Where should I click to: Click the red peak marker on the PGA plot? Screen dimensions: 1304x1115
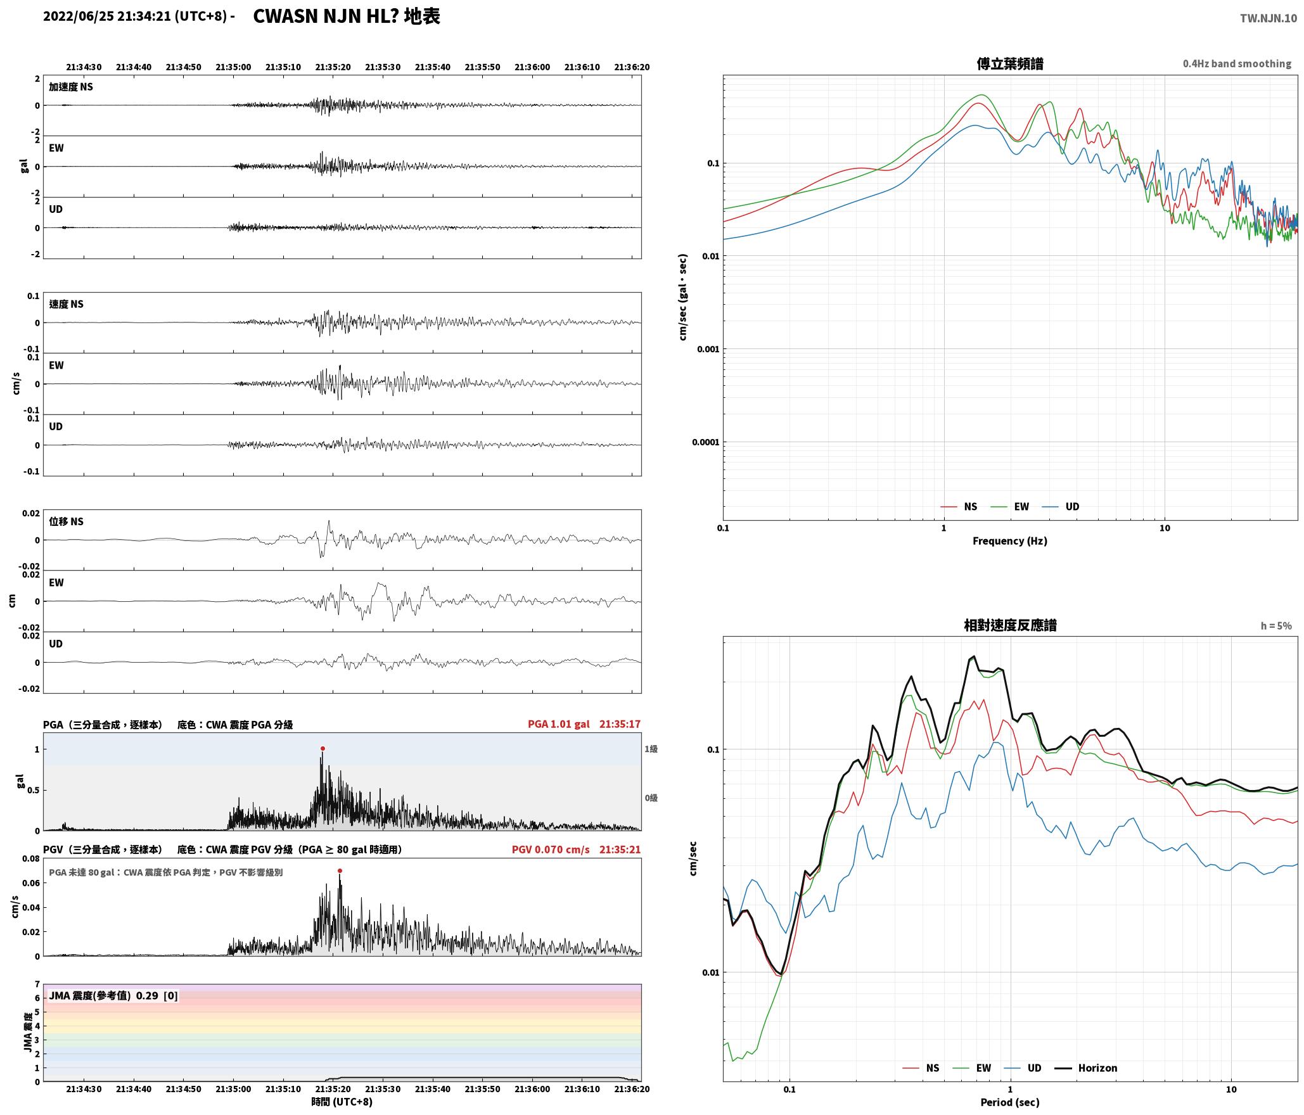tap(323, 748)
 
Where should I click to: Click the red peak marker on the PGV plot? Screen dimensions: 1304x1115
tap(340, 870)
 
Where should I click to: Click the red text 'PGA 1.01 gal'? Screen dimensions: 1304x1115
tap(558, 724)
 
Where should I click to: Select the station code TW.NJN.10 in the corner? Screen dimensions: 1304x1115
tap(1269, 18)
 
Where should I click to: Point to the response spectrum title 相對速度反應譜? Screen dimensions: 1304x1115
tap(1010, 625)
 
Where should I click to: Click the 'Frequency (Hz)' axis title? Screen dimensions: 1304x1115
tap(1010, 540)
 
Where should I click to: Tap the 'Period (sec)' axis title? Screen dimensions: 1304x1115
tap(1010, 1102)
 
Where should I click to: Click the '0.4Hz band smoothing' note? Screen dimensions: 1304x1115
tap(1237, 64)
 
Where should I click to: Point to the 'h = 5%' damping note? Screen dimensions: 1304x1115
tap(1276, 626)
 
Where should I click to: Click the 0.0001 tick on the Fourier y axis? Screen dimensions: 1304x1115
tap(706, 442)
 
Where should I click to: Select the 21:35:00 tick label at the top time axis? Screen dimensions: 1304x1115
tap(233, 67)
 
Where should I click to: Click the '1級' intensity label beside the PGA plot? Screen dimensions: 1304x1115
tap(651, 749)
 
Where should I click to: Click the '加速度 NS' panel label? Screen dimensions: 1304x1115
tap(71, 87)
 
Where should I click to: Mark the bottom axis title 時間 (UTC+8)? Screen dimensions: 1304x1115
tap(342, 1102)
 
